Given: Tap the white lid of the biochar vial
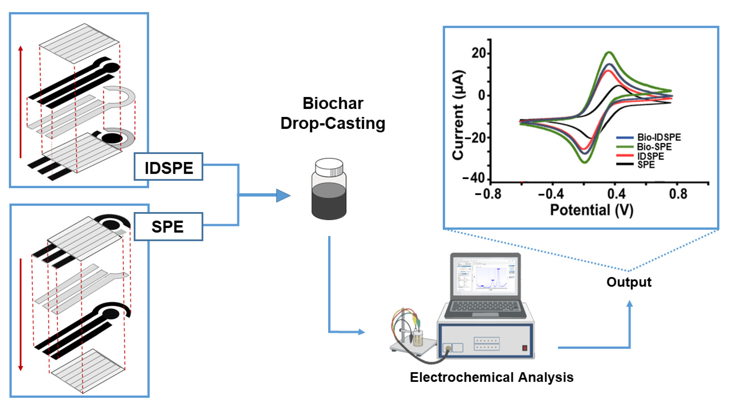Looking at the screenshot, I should pos(329,167).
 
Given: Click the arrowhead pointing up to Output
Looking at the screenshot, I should pos(629,304).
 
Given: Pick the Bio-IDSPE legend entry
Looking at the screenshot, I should pos(649,138).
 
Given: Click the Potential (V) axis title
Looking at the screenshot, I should pos(591,210).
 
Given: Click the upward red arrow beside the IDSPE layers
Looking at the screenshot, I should pos(20,102).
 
